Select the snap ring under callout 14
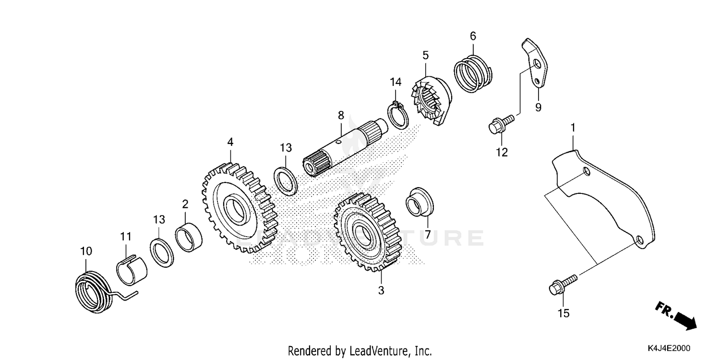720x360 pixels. [398, 117]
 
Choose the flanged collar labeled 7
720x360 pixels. [419, 203]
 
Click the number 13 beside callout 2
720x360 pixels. [159, 219]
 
